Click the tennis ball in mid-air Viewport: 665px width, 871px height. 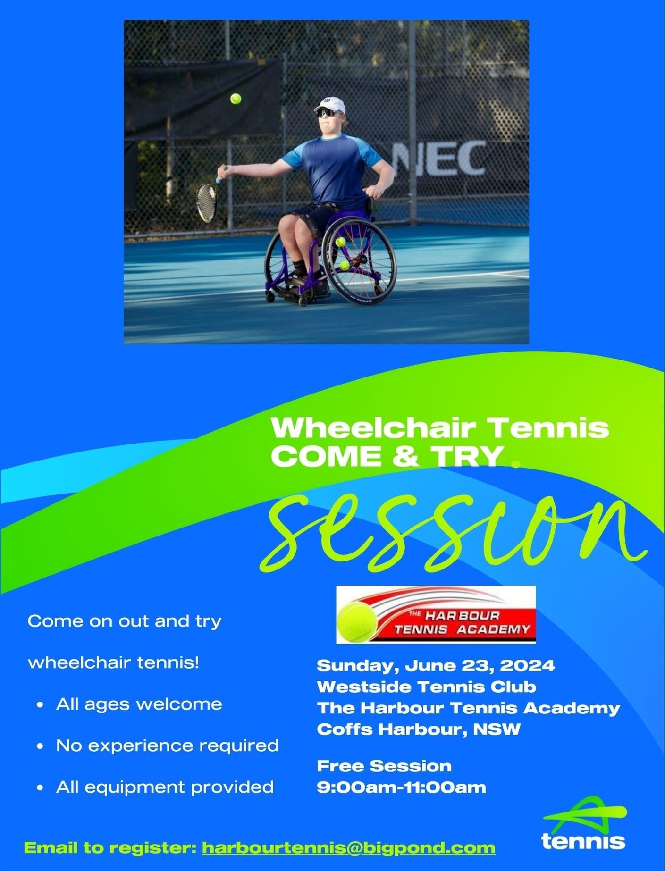pyautogui.click(x=236, y=99)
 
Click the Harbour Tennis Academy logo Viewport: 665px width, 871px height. pyautogui.click(x=436, y=615)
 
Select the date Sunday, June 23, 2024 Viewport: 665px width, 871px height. pyautogui.click(x=436, y=666)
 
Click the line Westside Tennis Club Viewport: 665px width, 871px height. pyautogui.click(x=426, y=687)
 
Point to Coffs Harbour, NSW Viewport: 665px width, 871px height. pyautogui.click(x=418, y=729)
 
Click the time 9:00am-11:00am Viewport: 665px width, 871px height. pyautogui.click(x=401, y=787)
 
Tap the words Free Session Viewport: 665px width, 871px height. pyautogui.click(x=384, y=766)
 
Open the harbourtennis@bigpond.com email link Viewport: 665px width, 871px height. pyautogui.click(x=348, y=848)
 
